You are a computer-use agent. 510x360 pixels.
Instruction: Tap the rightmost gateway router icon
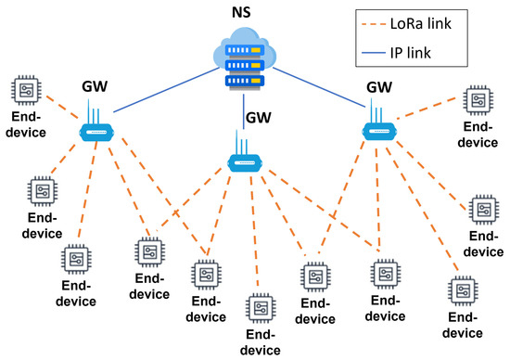coord(376,128)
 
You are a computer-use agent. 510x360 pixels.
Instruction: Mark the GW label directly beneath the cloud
coord(260,119)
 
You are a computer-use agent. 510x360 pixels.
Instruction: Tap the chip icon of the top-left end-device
coord(25,91)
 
